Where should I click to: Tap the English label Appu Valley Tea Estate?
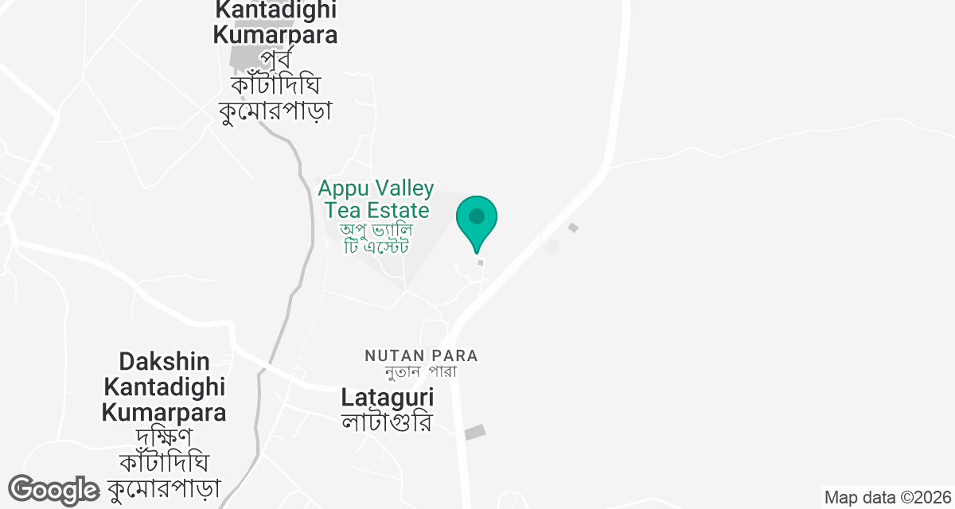[x=376, y=200]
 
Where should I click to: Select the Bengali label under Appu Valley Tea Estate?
[x=375, y=238]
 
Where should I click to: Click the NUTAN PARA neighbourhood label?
[x=422, y=355]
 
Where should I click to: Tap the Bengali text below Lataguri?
[x=387, y=421]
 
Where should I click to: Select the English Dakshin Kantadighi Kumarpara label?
[x=164, y=387]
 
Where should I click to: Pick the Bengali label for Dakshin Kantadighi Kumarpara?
[x=168, y=461]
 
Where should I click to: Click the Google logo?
[x=53, y=490]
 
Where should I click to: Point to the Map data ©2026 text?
[x=888, y=498]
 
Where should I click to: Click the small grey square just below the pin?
[x=480, y=262]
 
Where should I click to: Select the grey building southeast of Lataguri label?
[x=474, y=433]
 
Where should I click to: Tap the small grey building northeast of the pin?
[x=572, y=228]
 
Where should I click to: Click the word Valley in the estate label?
[x=406, y=189]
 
